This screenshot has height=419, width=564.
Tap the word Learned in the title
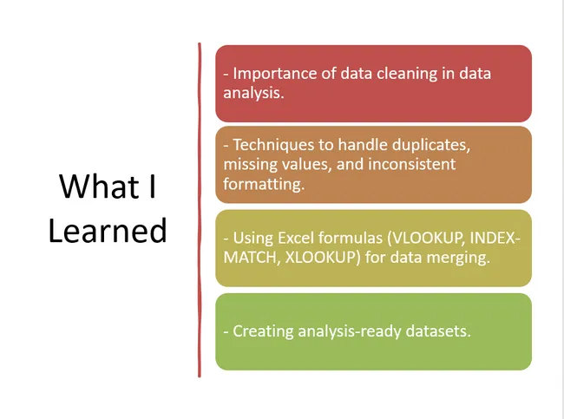108,230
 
